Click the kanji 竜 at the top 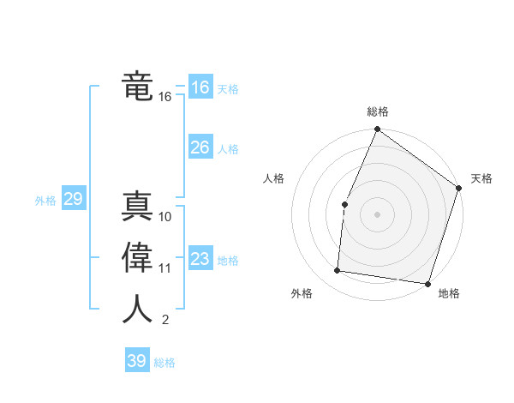coord(137,87)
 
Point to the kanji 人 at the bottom coord(137,310)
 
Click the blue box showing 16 coord(200,87)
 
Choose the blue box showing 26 coord(200,147)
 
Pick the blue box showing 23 coord(200,259)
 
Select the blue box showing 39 coord(136,361)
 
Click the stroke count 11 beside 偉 coord(165,268)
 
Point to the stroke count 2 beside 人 coord(165,321)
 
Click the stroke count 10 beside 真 coord(165,216)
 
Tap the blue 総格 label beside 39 coord(164,363)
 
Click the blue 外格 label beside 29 coord(45,201)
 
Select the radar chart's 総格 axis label coord(378,111)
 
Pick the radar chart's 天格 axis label coord(481,178)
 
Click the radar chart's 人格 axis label coord(273,178)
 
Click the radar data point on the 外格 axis coord(338,271)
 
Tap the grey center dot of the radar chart coord(377,214)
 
